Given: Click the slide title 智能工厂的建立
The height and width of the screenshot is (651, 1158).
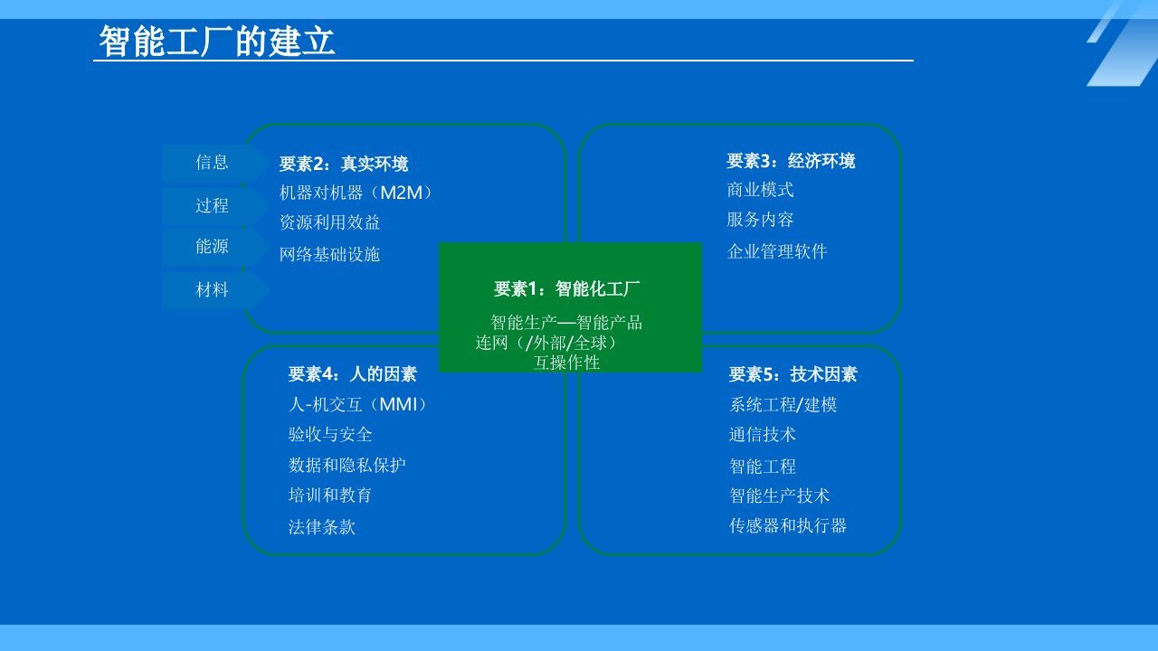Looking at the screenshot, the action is [217, 42].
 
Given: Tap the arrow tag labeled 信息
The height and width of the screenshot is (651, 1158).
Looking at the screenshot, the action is [215, 162].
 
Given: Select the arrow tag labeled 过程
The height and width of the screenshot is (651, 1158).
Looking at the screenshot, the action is [215, 205].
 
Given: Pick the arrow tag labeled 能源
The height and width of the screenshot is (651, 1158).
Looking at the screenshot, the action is [215, 247].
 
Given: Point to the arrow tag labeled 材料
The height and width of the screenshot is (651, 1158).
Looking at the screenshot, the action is [215, 290].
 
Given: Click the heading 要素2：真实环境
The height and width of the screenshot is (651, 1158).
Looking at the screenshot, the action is [344, 164].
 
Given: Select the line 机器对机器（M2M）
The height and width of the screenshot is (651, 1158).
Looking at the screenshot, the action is [356, 193].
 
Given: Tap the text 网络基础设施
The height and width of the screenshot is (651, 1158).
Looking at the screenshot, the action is [330, 254].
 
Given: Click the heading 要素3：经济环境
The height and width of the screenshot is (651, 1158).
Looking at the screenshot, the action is [791, 161].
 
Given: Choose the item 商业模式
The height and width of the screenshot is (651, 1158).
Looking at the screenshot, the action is [760, 190].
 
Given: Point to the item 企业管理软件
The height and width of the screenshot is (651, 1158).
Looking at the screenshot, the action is [777, 251].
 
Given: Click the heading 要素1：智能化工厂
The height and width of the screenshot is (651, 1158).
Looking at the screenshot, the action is [566, 288].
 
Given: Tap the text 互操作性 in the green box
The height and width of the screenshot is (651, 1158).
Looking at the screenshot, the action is [566, 363].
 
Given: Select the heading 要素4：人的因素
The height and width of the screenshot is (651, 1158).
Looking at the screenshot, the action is [353, 374].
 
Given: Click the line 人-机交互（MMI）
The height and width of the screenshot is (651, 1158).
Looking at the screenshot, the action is [357, 404].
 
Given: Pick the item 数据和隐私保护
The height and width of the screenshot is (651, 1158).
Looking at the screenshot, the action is [346, 465].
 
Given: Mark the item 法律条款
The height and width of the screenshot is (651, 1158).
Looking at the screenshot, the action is [321, 527].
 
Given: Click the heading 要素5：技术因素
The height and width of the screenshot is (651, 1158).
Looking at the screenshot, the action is [793, 374].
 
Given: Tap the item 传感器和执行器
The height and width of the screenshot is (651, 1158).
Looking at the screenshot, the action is [788, 525].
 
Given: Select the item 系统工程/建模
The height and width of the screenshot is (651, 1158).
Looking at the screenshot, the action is [783, 404].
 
